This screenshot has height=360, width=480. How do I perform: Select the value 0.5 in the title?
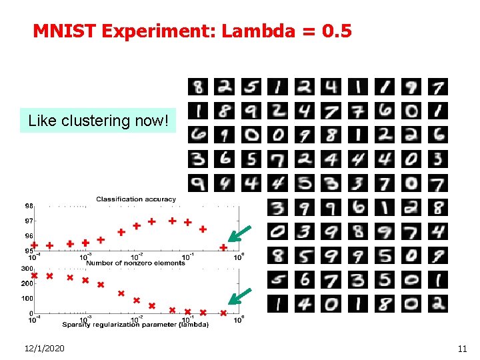[x=336, y=31]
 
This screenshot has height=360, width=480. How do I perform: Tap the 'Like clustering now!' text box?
[x=98, y=121]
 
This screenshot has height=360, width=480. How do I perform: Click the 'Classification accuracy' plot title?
[x=136, y=199]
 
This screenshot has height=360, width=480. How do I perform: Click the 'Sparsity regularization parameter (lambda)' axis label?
[x=135, y=325]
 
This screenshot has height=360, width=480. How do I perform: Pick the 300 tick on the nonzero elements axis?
[x=27, y=269]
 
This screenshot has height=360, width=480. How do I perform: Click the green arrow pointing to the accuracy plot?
[x=239, y=234]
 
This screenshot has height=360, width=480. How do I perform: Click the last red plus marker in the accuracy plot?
[x=223, y=247]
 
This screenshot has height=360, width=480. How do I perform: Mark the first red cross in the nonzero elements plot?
[x=34, y=275]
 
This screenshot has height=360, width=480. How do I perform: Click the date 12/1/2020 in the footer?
[x=45, y=348]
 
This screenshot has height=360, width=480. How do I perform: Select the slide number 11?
[x=462, y=348]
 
